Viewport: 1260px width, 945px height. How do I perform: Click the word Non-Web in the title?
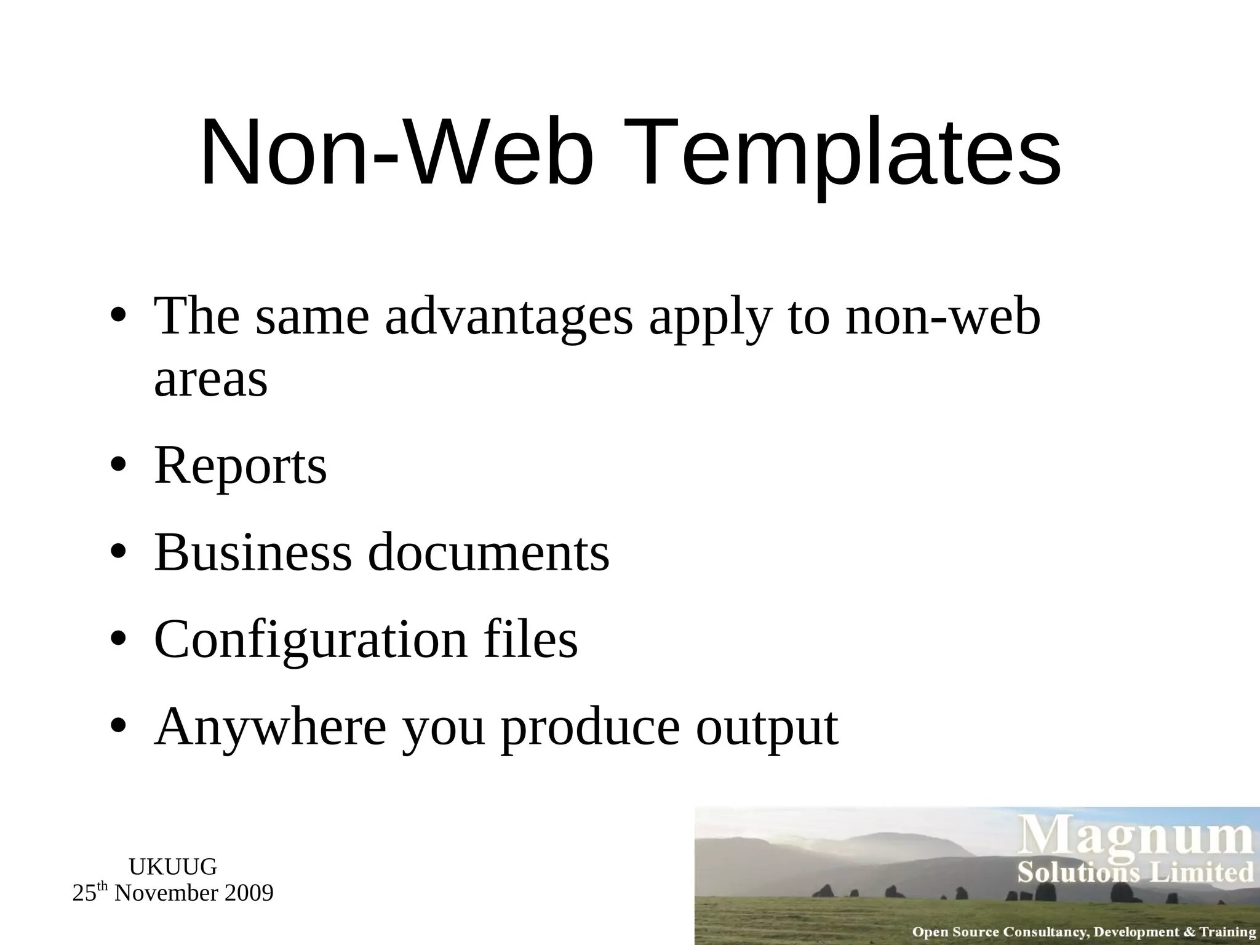(x=397, y=154)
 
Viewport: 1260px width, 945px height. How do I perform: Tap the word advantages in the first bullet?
(x=509, y=317)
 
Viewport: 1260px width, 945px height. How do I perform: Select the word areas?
(x=210, y=379)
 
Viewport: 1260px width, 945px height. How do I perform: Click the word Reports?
(x=240, y=466)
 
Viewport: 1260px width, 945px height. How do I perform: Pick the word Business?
(x=252, y=552)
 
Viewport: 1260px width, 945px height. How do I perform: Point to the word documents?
(x=488, y=552)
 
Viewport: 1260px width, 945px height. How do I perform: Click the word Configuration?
(x=310, y=640)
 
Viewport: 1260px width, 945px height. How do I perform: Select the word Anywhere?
(x=270, y=727)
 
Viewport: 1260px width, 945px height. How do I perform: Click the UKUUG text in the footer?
(x=173, y=867)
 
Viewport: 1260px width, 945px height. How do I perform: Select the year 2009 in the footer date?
(x=248, y=893)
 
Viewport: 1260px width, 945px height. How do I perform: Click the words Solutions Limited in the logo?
(x=1135, y=873)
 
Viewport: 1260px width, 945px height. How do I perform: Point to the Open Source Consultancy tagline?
(x=1083, y=932)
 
